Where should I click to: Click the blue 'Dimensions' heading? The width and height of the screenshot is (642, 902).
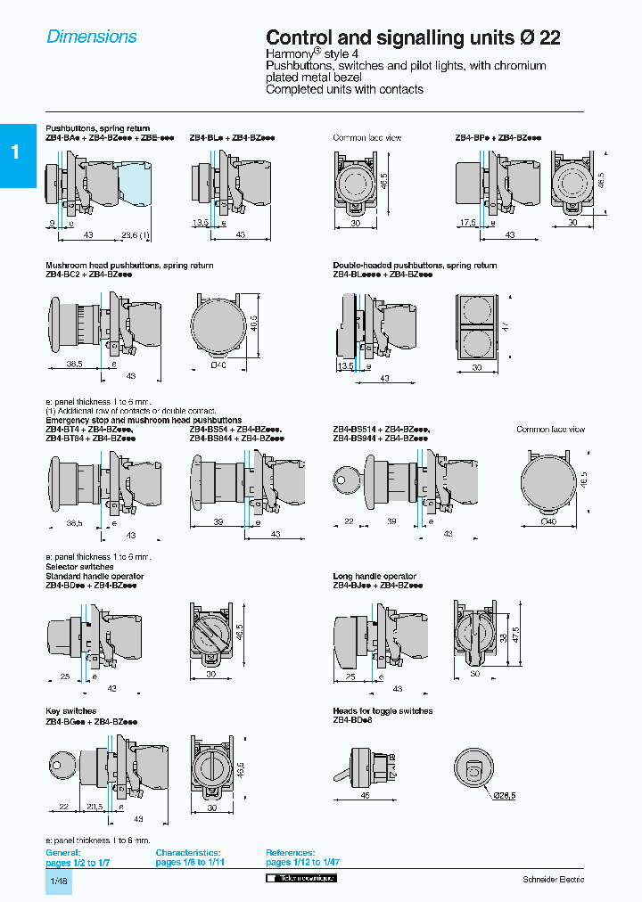(x=92, y=37)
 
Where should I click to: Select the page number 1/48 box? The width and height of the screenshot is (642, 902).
(x=59, y=881)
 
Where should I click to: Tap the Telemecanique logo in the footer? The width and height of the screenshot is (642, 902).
(x=301, y=879)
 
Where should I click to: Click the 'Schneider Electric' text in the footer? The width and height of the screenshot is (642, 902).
(x=553, y=880)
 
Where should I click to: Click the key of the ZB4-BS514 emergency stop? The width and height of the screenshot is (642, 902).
(x=345, y=478)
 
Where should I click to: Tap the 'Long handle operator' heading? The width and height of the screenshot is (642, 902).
(x=374, y=577)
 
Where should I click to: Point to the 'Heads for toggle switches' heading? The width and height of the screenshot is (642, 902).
(x=383, y=711)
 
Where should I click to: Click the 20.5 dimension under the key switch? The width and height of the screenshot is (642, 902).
(x=95, y=807)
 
